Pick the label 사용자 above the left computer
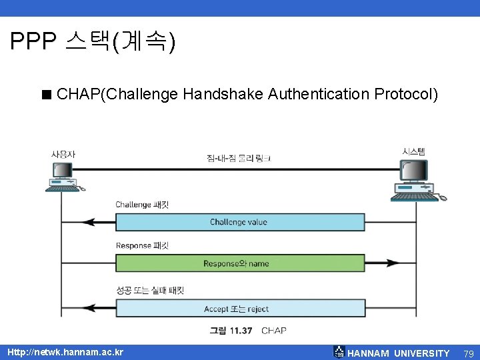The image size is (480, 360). (63, 154)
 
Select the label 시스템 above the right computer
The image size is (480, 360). (414, 151)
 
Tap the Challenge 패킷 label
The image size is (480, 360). (142, 205)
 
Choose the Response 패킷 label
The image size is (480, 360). (142, 245)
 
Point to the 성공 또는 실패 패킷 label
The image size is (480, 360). (149, 291)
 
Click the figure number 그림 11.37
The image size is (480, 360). (231, 331)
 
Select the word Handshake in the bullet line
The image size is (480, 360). (223, 95)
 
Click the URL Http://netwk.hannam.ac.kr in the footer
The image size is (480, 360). (65, 352)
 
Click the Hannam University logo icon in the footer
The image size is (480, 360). (339, 352)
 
